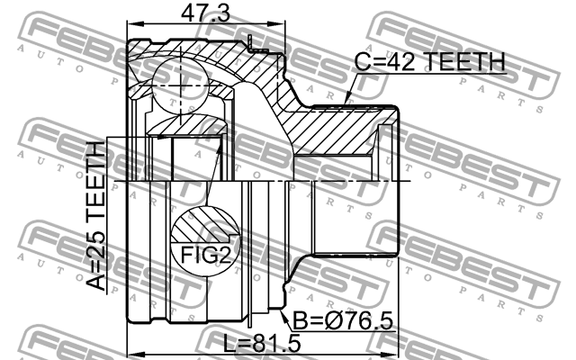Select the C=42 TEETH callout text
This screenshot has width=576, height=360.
point(429,62)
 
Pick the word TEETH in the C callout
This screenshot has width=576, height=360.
point(463,62)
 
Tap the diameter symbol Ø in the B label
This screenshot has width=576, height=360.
point(320,321)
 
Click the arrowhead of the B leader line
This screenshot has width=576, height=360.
point(285,308)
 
